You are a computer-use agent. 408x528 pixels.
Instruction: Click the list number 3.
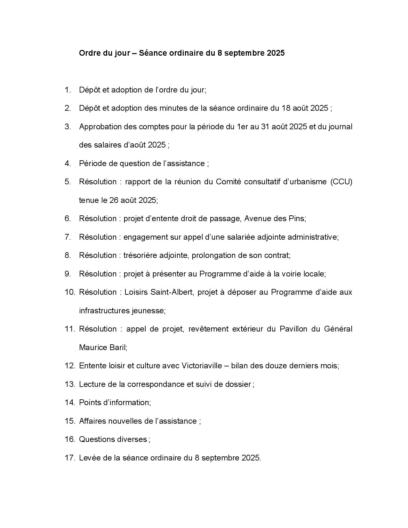tap(67, 127)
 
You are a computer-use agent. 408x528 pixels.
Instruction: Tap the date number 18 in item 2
tap(286, 108)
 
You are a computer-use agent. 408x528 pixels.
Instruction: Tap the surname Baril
tap(118, 348)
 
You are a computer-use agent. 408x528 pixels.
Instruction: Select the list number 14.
tap(69, 403)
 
